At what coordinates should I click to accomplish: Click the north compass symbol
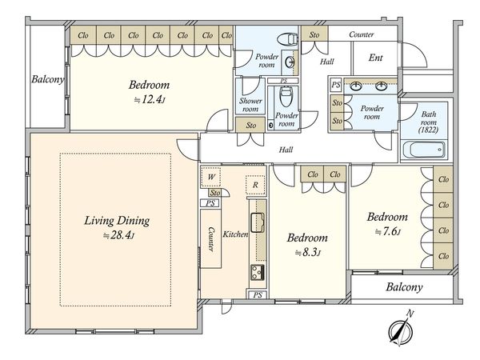tap(401, 331)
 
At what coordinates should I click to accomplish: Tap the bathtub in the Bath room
tap(424, 150)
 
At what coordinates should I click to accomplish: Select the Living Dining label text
tap(117, 221)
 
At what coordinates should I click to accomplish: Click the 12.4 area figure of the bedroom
tap(150, 99)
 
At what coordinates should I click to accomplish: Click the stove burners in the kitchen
tap(258, 272)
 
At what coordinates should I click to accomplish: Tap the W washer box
tap(211, 177)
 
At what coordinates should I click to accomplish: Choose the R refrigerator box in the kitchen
tap(255, 185)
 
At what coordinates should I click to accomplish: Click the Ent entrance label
tap(376, 58)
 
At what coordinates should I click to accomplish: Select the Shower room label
tap(250, 105)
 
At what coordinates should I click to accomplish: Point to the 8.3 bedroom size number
tap(308, 253)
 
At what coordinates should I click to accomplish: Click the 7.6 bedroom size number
tap(388, 232)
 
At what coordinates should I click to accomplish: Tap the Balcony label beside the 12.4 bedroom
tap(48, 79)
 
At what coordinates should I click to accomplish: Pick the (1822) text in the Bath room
tap(428, 130)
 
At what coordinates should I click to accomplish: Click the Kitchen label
tap(235, 234)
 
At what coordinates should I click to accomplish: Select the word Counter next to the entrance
tap(362, 34)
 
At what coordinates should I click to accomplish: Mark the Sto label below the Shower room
tap(250, 125)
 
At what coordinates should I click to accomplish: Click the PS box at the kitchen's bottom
tap(258, 294)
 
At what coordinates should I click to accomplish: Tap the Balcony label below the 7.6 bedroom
tap(404, 287)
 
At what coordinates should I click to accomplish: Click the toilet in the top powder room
tap(288, 39)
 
